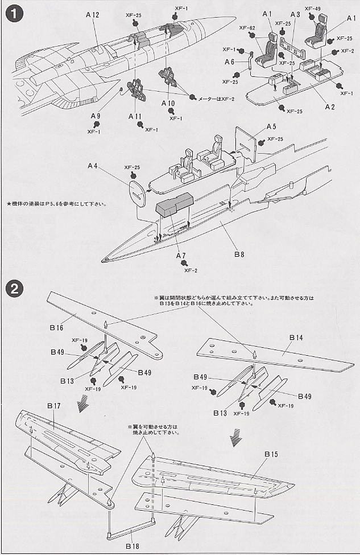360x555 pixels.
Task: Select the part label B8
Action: click(239, 256)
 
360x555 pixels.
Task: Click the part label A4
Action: click(93, 166)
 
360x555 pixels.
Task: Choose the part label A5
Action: click(271, 126)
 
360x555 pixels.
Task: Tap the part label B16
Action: click(56, 328)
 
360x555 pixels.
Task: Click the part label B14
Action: click(296, 338)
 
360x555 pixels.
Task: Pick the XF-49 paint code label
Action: click(312, 9)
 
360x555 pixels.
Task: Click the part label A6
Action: click(230, 61)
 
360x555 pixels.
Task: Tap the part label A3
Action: click(296, 14)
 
